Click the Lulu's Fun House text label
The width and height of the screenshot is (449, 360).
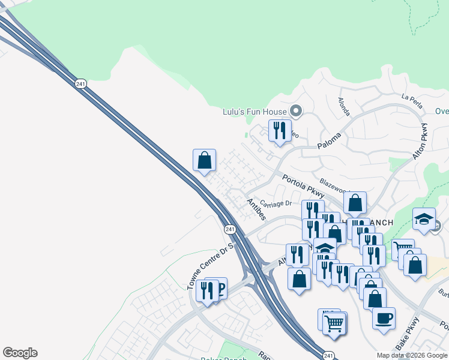255,111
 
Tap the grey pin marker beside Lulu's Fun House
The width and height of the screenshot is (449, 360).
295,110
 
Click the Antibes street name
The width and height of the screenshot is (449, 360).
258,209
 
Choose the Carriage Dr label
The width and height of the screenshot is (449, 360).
277,203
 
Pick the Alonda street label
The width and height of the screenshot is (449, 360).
343,107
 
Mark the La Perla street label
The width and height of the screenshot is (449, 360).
412,99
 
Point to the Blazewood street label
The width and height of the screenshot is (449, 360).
334,181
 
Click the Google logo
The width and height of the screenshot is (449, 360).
20,353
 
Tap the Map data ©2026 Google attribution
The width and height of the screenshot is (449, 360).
412,355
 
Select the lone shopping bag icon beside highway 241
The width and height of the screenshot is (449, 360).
205,160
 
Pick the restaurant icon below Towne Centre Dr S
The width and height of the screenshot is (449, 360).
206,290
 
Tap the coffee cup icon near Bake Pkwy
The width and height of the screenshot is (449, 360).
384,317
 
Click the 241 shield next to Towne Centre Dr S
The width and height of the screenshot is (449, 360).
230,229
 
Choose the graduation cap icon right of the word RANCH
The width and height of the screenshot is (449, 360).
424,218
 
